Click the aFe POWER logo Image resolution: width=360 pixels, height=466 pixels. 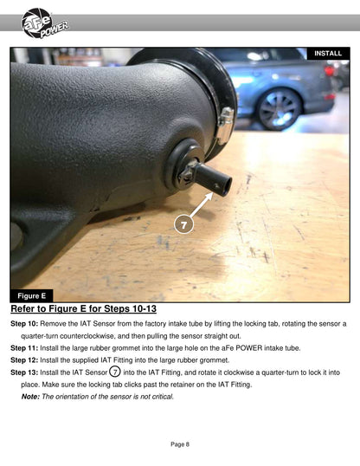(x=44, y=23)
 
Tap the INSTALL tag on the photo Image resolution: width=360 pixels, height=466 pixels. (x=328, y=54)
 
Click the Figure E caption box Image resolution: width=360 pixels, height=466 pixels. (x=32, y=295)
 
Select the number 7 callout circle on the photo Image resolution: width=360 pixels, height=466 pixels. (x=183, y=224)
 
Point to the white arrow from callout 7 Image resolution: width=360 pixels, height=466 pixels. (x=202, y=204)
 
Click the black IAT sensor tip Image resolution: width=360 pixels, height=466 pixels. (x=213, y=179)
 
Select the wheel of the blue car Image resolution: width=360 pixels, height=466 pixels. (x=279, y=109)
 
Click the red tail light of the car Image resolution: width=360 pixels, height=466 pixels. (x=330, y=71)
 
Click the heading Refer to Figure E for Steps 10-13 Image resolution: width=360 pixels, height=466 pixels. (x=83, y=308)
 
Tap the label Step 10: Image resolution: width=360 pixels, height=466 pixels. (x=24, y=324)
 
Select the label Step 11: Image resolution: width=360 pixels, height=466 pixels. (x=24, y=348)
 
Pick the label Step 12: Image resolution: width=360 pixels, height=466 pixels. (x=24, y=360)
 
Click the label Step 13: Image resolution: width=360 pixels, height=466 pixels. (x=24, y=372)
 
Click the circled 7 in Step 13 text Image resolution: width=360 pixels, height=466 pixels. (x=115, y=372)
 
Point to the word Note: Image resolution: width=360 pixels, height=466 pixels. (x=30, y=397)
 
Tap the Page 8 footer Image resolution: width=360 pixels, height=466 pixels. (x=180, y=444)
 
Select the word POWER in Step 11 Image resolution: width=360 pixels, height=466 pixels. (x=249, y=348)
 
